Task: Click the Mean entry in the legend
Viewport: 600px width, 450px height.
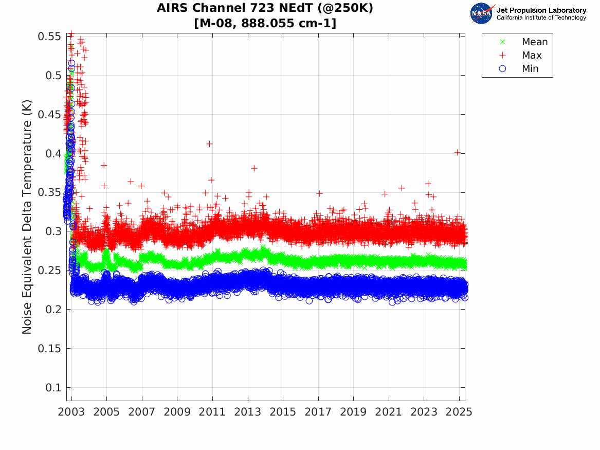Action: [x=535, y=42]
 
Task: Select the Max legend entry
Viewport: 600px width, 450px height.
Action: [x=532, y=56]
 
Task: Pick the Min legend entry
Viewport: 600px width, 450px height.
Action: [x=530, y=69]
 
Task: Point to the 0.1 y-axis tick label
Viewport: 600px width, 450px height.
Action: [x=53, y=387]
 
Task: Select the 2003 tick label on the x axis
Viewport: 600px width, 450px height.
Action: [x=71, y=412]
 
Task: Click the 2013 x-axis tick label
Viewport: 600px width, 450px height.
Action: [x=248, y=412]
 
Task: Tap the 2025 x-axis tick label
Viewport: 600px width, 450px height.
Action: [x=459, y=412]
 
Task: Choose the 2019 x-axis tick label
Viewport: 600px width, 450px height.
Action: [x=353, y=412]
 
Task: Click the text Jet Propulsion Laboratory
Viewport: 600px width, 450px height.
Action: [x=541, y=10]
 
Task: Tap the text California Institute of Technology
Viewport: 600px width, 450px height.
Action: [x=541, y=18]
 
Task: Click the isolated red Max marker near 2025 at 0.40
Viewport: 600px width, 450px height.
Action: [x=458, y=152]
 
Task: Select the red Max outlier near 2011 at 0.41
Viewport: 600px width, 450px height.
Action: [x=209, y=144]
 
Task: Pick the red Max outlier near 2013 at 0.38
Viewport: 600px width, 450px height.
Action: [x=254, y=168]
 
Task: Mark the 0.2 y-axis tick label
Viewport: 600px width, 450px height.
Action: [x=53, y=309]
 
